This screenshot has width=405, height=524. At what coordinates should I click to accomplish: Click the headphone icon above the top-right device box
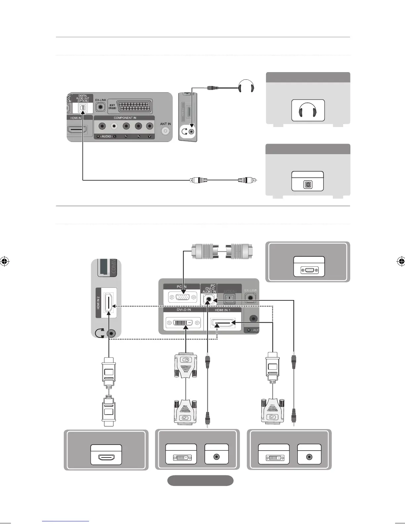click(246, 87)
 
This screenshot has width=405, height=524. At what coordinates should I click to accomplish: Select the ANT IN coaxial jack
click(165, 131)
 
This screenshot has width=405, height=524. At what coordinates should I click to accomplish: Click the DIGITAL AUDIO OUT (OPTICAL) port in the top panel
click(83, 107)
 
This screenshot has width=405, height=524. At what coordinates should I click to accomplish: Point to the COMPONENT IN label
click(125, 118)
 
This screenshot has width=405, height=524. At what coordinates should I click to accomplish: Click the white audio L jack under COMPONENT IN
click(114, 126)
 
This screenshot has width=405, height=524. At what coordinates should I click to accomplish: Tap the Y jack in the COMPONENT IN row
click(150, 126)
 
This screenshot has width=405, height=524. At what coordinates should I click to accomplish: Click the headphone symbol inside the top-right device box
click(308, 110)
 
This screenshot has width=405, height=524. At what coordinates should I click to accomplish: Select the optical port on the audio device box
click(308, 185)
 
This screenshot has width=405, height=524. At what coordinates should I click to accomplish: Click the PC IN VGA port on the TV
click(183, 298)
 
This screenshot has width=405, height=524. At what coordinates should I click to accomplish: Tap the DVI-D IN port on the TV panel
click(183, 322)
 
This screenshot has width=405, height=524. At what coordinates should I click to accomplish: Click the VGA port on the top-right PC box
click(309, 270)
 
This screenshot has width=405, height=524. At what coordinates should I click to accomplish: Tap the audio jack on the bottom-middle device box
click(216, 457)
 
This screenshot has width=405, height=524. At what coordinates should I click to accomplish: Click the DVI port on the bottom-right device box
click(273, 458)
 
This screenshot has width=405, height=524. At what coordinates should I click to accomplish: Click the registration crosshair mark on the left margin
click(4, 261)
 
